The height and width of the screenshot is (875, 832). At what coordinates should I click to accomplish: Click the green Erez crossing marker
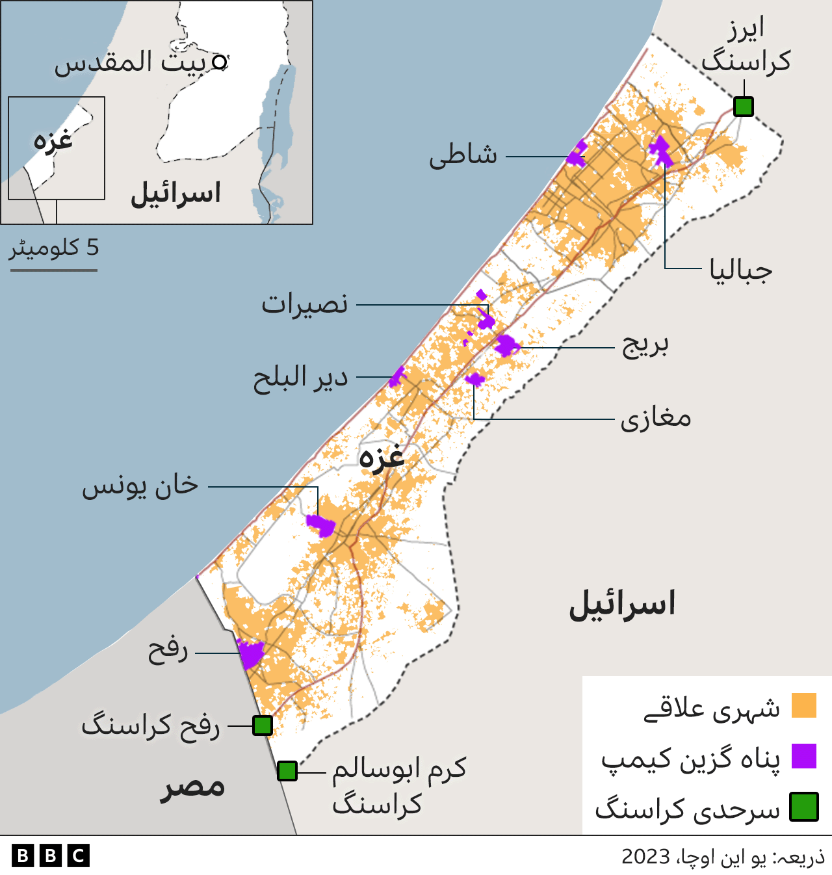pyautogui.click(x=743, y=106)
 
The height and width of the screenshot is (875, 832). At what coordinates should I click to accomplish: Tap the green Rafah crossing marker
pyautogui.click(x=262, y=725)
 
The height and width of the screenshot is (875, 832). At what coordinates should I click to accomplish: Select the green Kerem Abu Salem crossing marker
pyautogui.click(x=287, y=771)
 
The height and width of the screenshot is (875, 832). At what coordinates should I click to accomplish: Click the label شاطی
pyautogui.click(x=463, y=155)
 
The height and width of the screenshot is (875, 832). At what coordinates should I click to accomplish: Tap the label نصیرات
pyautogui.click(x=304, y=304)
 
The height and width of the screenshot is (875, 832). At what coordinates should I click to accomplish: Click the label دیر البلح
pyautogui.click(x=300, y=378)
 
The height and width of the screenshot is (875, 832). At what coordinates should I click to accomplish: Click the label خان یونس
pyautogui.click(x=140, y=486)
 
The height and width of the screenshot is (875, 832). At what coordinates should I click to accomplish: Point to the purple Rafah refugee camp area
pyautogui.click(x=250, y=653)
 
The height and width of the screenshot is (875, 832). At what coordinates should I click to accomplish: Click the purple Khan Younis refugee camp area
pyautogui.click(x=320, y=524)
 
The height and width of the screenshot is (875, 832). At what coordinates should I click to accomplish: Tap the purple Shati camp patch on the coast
pyautogui.click(x=577, y=155)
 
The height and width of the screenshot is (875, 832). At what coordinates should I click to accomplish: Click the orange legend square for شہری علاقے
pyautogui.click(x=803, y=705)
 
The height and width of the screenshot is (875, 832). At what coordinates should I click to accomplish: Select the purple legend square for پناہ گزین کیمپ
pyautogui.click(x=803, y=756)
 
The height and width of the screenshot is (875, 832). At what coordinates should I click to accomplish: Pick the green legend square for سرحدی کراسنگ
pyautogui.click(x=803, y=807)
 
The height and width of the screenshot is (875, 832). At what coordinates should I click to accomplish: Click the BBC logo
pyautogui.click(x=50, y=855)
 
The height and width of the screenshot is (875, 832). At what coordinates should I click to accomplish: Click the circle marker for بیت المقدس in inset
pyautogui.click(x=220, y=62)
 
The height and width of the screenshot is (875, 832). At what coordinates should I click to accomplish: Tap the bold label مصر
pyautogui.click(x=192, y=787)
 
